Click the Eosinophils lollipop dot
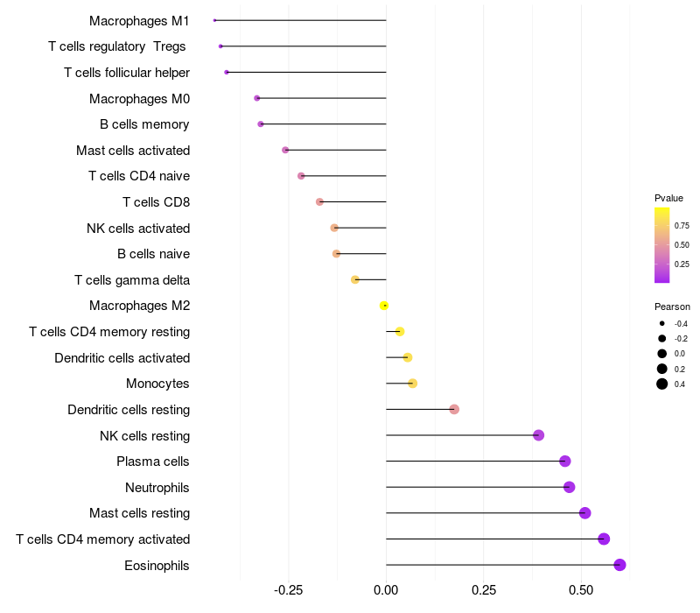click(x=619, y=565)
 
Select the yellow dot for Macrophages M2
click(x=384, y=306)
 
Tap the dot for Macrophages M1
click(x=214, y=20)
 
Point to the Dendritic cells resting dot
click(x=454, y=409)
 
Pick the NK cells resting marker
click(x=538, y=435)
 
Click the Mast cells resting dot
click(x=584, y=513)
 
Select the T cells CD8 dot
click(x=319, y=202)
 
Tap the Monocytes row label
click(x=157, y=384)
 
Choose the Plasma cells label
click(x=153, y=462)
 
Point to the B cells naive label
click(x=153, y=254)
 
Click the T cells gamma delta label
click(x=132, y=280)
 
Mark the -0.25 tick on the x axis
click(x=289, y=590)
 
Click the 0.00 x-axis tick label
click(x=386, y=590)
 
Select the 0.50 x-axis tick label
click(x=484, y=590)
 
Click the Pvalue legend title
click(x=668, y=198)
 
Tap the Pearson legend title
click(x=672, y=307)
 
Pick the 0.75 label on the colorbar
click(x=682, y=225)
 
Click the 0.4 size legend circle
click(x=662, y=384)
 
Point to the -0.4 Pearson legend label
click(x=681, y=324)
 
